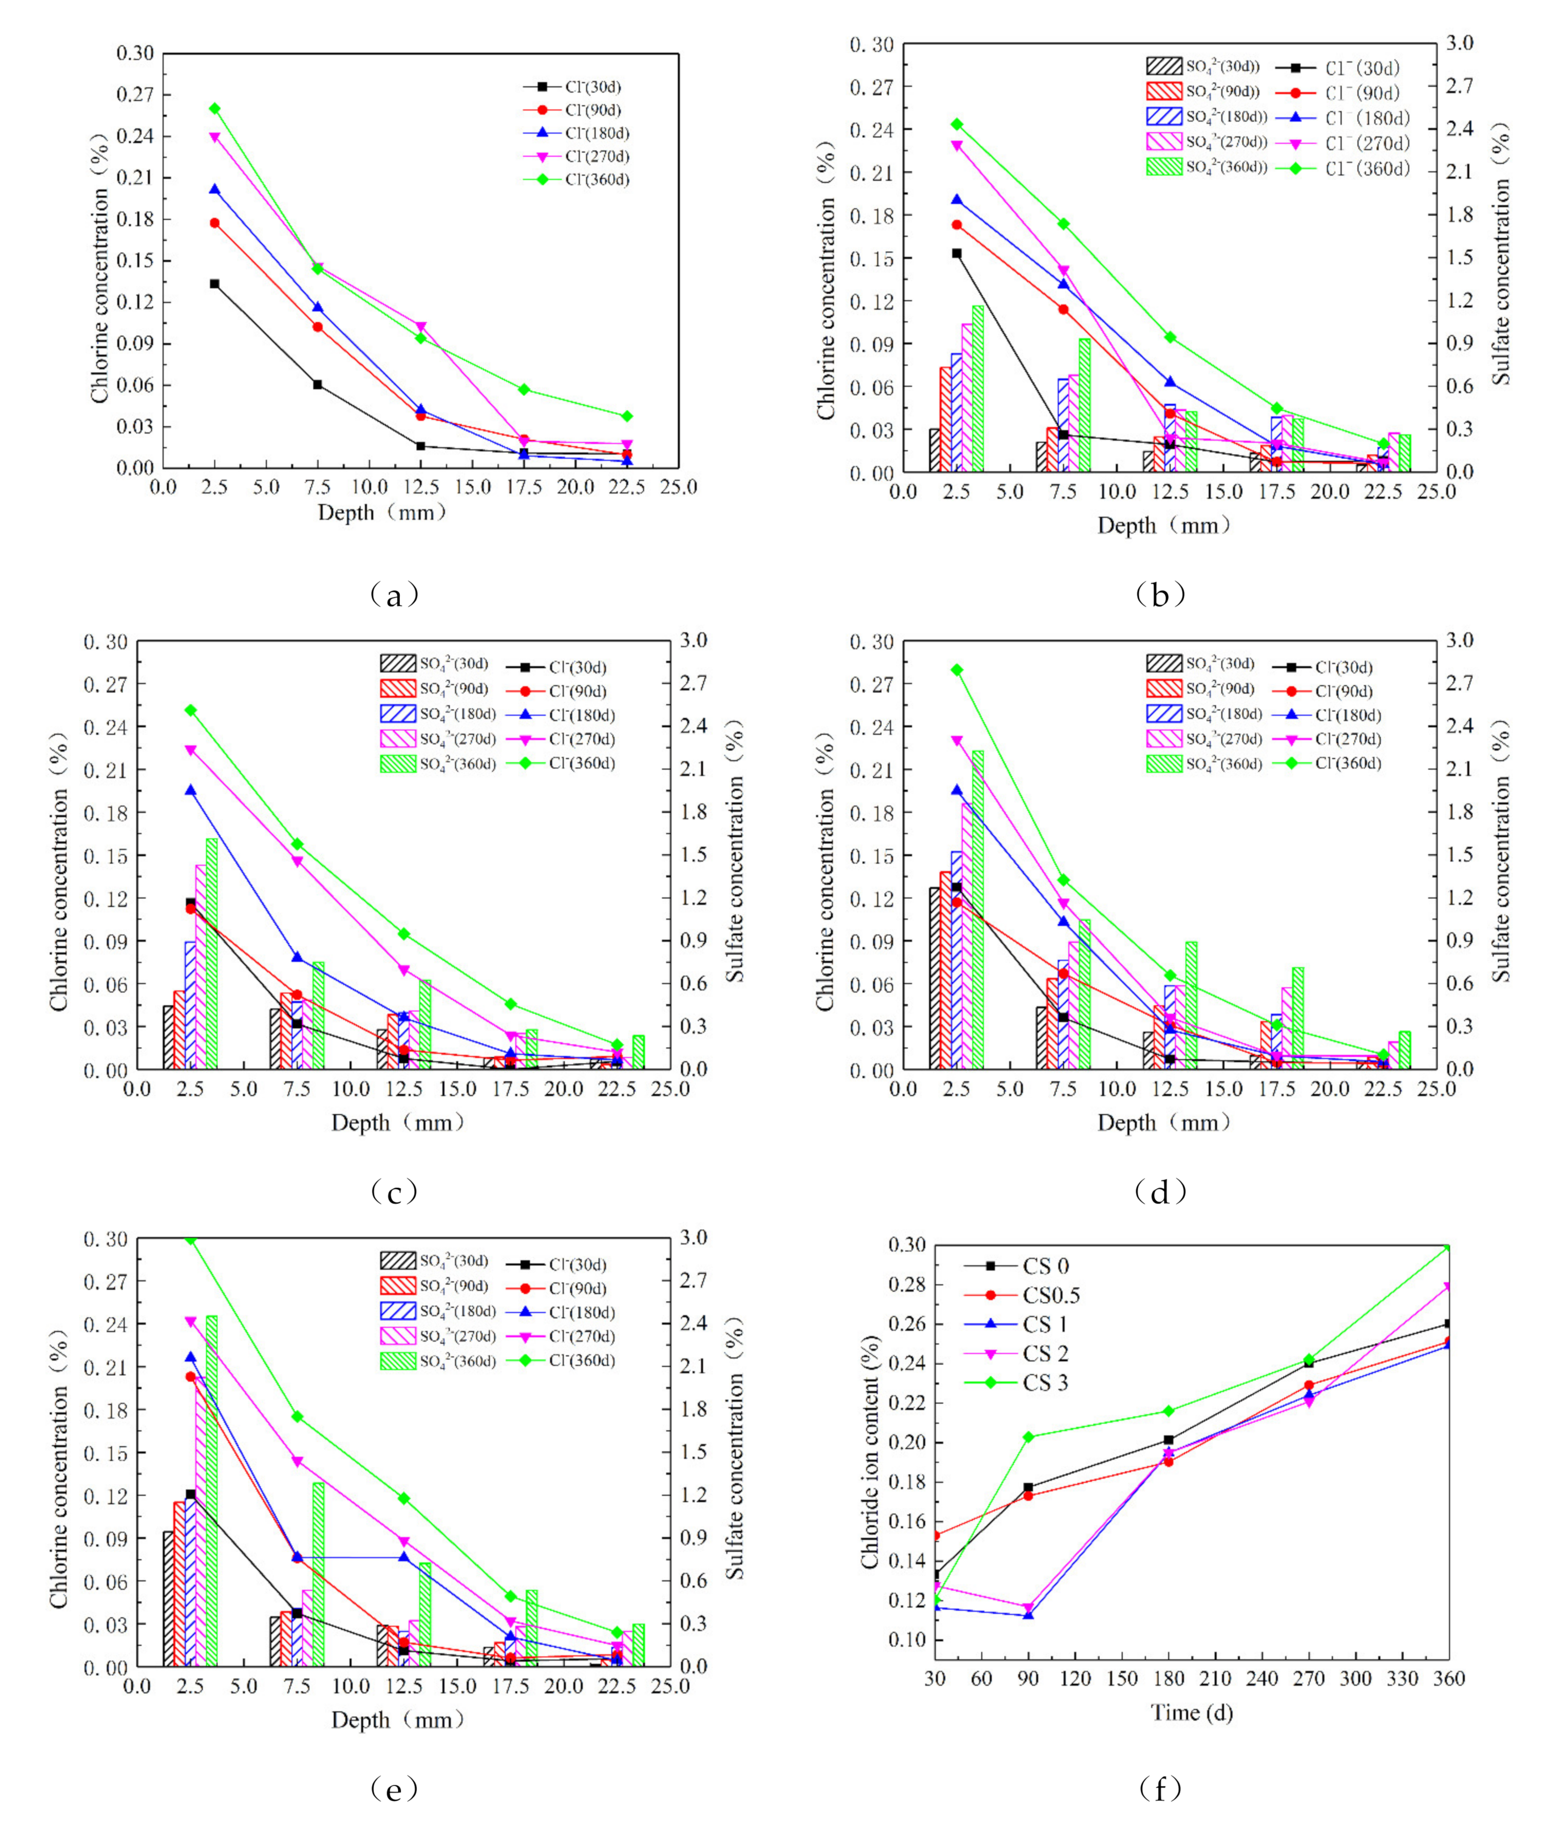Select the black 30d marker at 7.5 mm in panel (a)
click(x=317, y=384)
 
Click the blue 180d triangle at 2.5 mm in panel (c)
click(x=190, y=790)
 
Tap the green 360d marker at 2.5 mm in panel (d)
click(x=957, y=670)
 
